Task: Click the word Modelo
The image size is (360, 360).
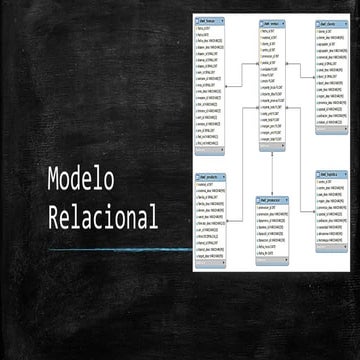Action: click(81, 180)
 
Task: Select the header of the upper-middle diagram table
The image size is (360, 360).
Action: click(269, 22)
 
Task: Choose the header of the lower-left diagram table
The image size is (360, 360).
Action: click(211, 178)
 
